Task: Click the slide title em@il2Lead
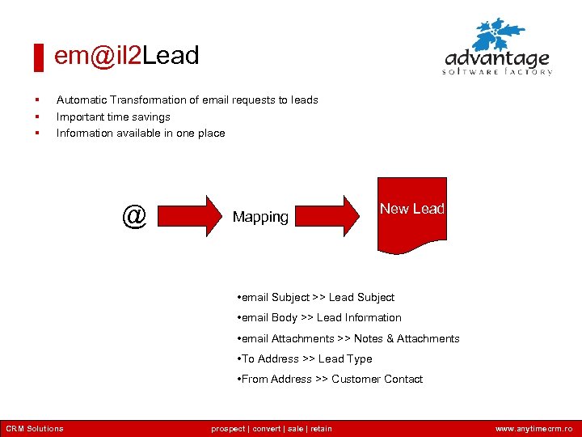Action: click(x=126, y=56)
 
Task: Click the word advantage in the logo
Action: click(x=497, y=59)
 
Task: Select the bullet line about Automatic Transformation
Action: click(x=187, y=100)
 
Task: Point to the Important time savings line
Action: click(x=113, y=117)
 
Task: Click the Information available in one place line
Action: click(x=141, y=133)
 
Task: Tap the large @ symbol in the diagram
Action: click(x=134, y=216)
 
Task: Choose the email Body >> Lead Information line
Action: click(x=319, y=318)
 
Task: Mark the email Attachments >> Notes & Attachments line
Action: click(x=348, y=338)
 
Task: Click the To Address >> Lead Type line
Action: click(x=305, y=359)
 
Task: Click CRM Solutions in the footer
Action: click(x=35, y=429)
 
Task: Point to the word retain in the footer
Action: click(x=320, y=429)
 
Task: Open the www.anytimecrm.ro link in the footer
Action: click(x=533, y=429)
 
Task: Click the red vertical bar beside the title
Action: click(x=37, y=57)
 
